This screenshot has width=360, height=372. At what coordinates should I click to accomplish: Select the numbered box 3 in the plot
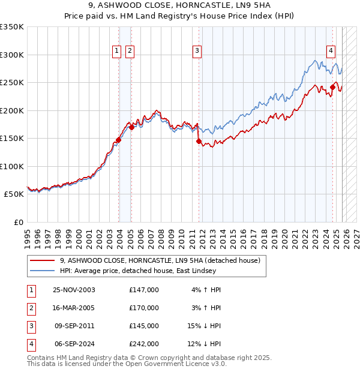[x=197, y=52]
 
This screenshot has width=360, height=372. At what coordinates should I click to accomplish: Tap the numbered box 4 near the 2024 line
[x=331, y=52]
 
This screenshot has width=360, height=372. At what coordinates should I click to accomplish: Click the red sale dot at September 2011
[x=199, y=142]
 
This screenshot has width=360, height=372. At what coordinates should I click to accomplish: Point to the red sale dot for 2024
[x=332, y=87]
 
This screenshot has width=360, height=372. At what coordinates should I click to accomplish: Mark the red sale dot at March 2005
[x=131, y=127]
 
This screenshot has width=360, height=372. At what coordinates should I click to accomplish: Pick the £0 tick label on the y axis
[x=17, y=223]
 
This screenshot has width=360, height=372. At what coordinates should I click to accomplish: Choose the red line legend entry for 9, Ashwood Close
[x=160, y=260]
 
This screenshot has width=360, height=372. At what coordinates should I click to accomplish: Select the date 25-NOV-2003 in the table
[x=74, y=290]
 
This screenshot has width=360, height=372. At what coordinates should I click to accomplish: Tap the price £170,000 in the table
[x=144, y=308]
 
